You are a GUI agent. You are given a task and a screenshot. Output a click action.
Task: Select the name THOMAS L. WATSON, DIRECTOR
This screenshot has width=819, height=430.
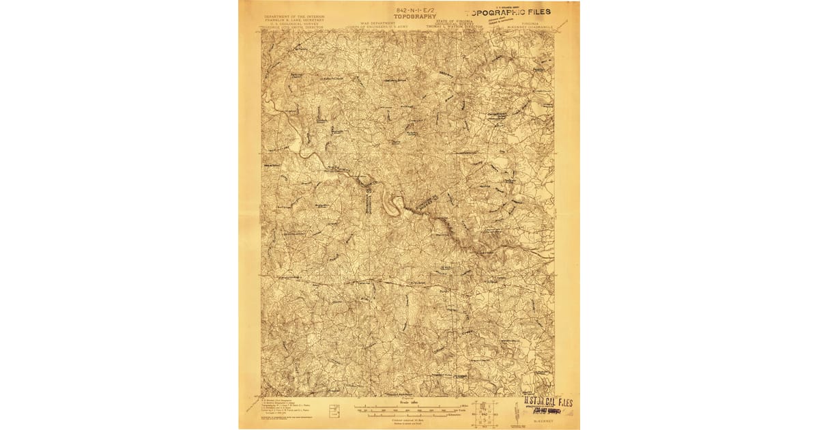pyautogui.click(x=455, y=28)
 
